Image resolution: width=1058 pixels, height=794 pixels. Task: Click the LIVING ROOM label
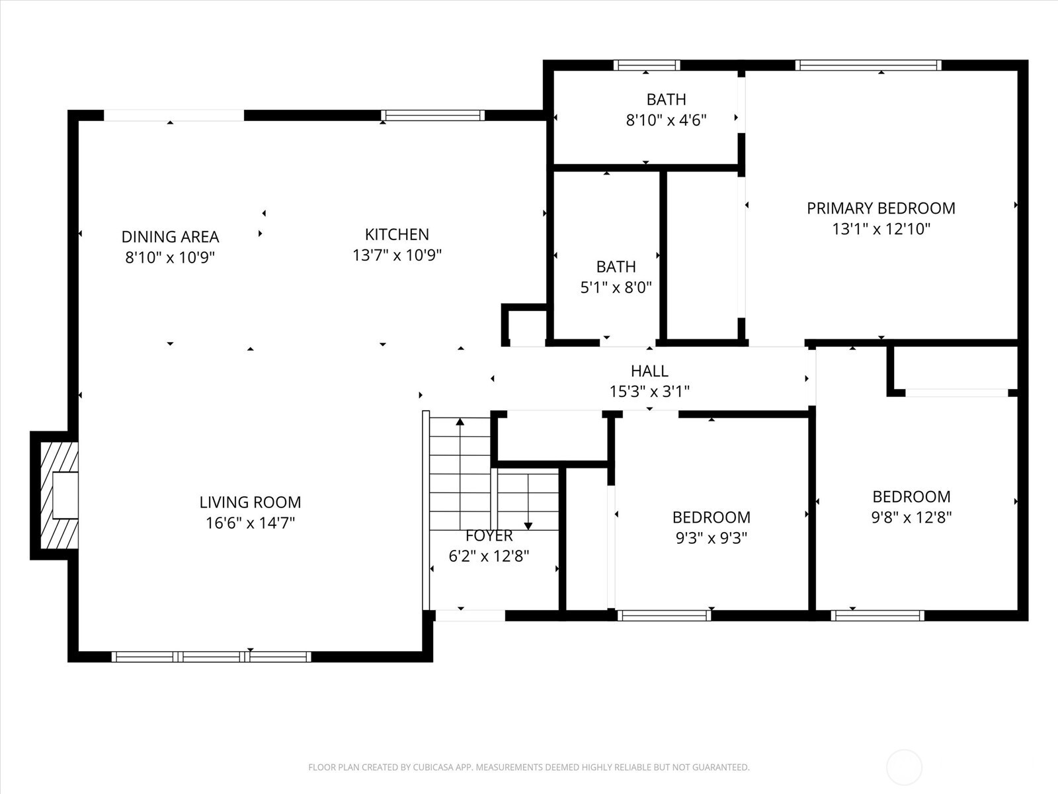pos(250,502)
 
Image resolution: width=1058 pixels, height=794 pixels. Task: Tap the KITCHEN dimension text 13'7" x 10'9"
pos(397,255)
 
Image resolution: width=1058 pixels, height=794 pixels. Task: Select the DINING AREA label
pos(170,236)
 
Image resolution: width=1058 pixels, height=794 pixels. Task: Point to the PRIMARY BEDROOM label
pos(881,208)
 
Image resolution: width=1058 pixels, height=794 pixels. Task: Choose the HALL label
pos(649,371)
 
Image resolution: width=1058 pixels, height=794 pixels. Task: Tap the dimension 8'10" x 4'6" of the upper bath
pos(666,120)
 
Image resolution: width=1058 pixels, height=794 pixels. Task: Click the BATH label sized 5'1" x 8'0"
pos(616,267)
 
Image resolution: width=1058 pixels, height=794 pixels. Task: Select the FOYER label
pos(489,535)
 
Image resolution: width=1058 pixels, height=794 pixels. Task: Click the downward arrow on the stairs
pos(528,525)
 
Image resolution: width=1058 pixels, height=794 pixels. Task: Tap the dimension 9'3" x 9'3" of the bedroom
pos(711,538)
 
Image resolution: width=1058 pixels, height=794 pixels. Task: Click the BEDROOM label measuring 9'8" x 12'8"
pos(911,496)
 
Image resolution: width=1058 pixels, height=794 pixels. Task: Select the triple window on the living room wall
pos(211,656)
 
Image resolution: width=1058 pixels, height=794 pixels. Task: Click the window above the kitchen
pos(433,116)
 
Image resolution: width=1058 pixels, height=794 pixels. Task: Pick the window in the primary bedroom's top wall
pos(868,65)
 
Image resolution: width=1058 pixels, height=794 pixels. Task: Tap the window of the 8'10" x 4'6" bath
pos(647,65)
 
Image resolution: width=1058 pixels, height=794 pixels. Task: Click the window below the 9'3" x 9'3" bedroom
pos(664,615)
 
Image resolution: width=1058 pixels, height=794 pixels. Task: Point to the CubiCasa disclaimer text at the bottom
pos(528,768)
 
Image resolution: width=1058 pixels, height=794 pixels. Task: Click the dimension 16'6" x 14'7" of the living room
pos(250,523)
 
